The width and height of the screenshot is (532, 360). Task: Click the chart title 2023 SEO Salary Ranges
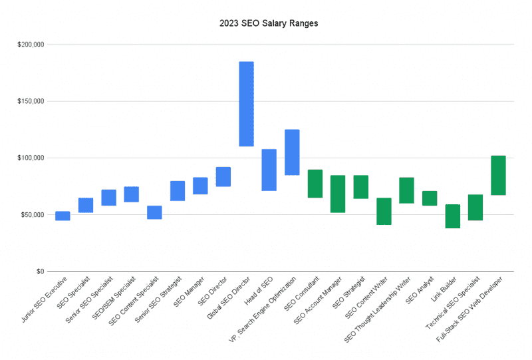point(269,23)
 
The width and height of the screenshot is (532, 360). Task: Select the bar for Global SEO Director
point(246,104)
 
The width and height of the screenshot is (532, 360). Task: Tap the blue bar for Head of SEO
point(269,170)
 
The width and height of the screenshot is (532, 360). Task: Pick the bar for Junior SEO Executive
point(63,216)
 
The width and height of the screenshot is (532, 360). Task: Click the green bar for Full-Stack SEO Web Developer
point(498,175)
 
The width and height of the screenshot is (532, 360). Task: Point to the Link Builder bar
point(452,216)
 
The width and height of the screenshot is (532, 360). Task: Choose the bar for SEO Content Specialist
point(154,212)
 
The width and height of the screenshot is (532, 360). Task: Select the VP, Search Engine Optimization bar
point(292,152)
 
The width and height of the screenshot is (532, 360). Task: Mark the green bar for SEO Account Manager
point(338,194)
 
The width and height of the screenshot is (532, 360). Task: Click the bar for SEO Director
point(223,176)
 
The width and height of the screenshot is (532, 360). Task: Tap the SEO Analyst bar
point(430,198)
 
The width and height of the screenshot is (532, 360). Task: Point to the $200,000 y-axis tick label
point(31,45)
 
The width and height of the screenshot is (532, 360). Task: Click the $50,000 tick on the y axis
point(32,215)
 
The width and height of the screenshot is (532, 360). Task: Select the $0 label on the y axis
point(39,271)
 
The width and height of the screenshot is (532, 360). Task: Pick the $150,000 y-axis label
point(31,101)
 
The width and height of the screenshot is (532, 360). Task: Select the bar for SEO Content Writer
point(384,211)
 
